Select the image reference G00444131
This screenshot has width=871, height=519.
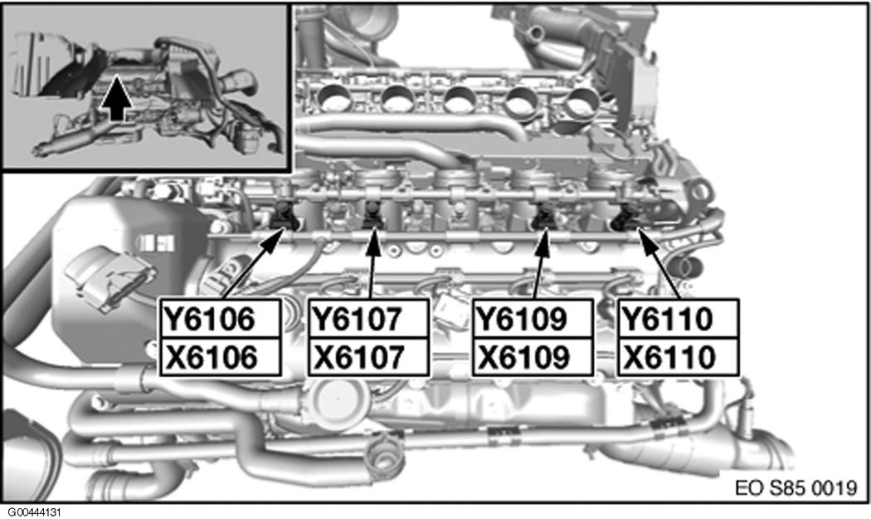(x=38, y=512)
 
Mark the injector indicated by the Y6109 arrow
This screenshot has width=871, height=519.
(x=545, y=216)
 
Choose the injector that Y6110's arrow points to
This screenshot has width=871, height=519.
(x=628, y=218)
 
